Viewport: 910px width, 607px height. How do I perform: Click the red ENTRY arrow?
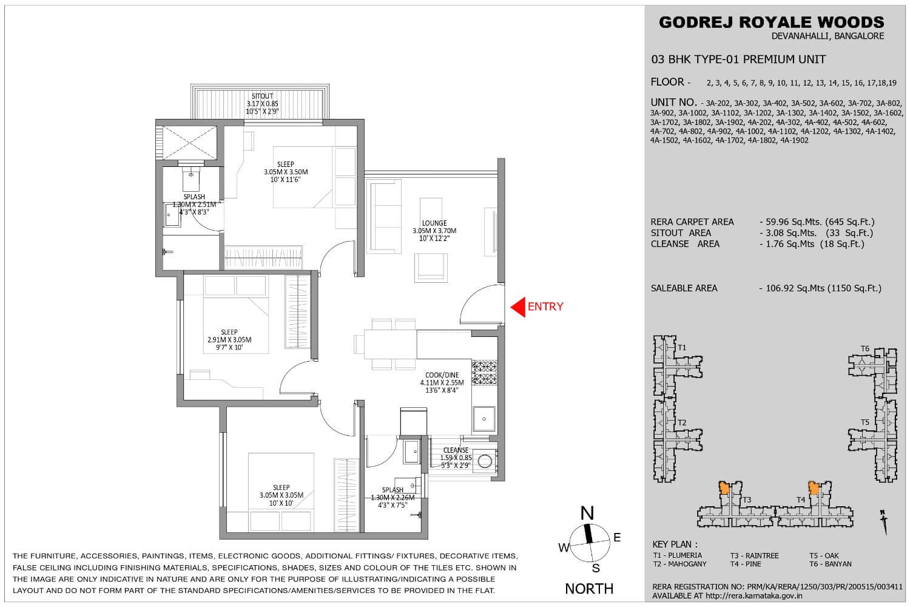click(517, 307)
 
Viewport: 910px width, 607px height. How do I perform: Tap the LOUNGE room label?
click(434, 223)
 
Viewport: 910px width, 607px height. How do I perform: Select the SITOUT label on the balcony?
click(263, 97)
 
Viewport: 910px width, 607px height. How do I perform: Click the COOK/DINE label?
click(442, 375)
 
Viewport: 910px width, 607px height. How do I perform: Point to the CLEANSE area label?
click(456, 450)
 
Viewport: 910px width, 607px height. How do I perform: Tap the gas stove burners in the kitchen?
click(484, 373)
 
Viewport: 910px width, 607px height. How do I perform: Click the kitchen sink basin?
click(484, 419)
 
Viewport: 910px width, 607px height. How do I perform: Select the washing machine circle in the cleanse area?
click(485, 461)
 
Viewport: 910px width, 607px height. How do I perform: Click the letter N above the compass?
click(587, 514)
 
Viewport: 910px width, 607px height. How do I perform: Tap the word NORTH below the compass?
click(589, 589)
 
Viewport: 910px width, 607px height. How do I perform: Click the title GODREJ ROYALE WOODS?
click(772, 22)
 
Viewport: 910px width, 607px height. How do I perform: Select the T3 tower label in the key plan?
click(747, 500)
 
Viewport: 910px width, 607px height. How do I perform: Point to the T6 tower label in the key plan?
click(865, 348)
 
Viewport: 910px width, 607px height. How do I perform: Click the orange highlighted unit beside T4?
click(814, 487)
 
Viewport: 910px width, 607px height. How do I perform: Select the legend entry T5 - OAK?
click(824, 556)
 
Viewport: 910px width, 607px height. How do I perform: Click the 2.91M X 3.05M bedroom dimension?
click(229, 340)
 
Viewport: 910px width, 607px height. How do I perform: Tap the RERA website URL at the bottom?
click(753, 596)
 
